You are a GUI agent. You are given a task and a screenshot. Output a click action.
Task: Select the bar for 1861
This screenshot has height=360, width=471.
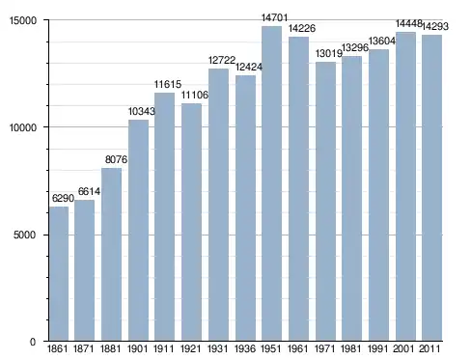[x=59, y=273]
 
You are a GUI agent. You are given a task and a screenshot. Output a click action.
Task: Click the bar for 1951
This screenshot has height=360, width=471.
[x=271, y=183]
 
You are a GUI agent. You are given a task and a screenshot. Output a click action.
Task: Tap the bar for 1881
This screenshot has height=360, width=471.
[x=111, y=254]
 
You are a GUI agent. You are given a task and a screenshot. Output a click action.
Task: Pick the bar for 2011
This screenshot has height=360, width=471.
[x=431, y=188]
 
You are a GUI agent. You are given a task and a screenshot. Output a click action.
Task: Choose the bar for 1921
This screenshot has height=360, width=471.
[x=191, y=222]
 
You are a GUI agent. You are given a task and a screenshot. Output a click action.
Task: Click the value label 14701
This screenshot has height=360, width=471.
[x=274, y=17]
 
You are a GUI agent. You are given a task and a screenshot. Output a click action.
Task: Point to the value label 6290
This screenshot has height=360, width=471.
[x=63, y=198]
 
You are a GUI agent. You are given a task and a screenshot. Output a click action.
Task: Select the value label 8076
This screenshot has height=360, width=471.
[x=116, y=159]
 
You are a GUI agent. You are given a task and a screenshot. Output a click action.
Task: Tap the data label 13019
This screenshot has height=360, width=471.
[x=328, y=53]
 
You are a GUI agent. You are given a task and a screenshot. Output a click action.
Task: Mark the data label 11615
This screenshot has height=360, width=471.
[x=168, y=84]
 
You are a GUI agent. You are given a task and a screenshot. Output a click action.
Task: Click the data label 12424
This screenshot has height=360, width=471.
[x=249, y=67]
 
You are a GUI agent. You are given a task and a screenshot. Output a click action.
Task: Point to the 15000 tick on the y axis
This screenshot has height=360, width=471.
[x=23, y=20]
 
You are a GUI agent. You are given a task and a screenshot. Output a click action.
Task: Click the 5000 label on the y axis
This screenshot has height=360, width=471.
[x=25, y=235]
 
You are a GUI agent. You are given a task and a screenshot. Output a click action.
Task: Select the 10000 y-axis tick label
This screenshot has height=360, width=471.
[x=23, y=127]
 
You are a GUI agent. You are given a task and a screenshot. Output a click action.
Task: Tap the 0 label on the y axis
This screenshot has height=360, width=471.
[x=33, y=342]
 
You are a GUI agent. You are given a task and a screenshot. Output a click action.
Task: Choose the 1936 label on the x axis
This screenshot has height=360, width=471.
[x=245, y=348]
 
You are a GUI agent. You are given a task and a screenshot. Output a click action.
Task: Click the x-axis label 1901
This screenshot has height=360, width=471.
[x=138, y=348]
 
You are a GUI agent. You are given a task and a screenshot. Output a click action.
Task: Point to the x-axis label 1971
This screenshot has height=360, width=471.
[x=324, y=348]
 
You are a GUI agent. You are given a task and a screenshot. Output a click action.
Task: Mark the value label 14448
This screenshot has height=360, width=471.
[x=408, y=23]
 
